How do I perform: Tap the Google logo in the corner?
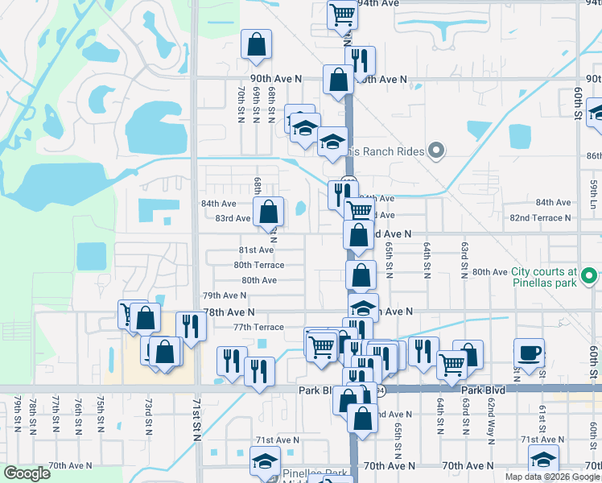(x=27, y=473)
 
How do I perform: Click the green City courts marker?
(x=590, y=278)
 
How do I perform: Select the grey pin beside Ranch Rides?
(x=436, y=150)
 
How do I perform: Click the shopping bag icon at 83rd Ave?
(x=269, y=213)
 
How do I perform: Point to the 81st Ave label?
(x=255, y=250)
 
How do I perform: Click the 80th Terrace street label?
(x=258, y=265)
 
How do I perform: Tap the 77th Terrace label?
(x=258, y=327)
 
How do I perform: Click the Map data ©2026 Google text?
(x=551, y=477)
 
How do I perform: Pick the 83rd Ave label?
(x=232, y=218)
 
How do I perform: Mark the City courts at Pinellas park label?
(x=544, y=278)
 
